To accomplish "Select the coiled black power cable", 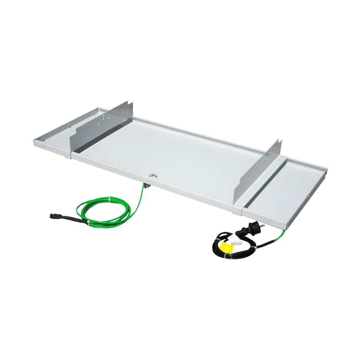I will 232,248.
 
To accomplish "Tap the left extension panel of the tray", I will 56,137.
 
